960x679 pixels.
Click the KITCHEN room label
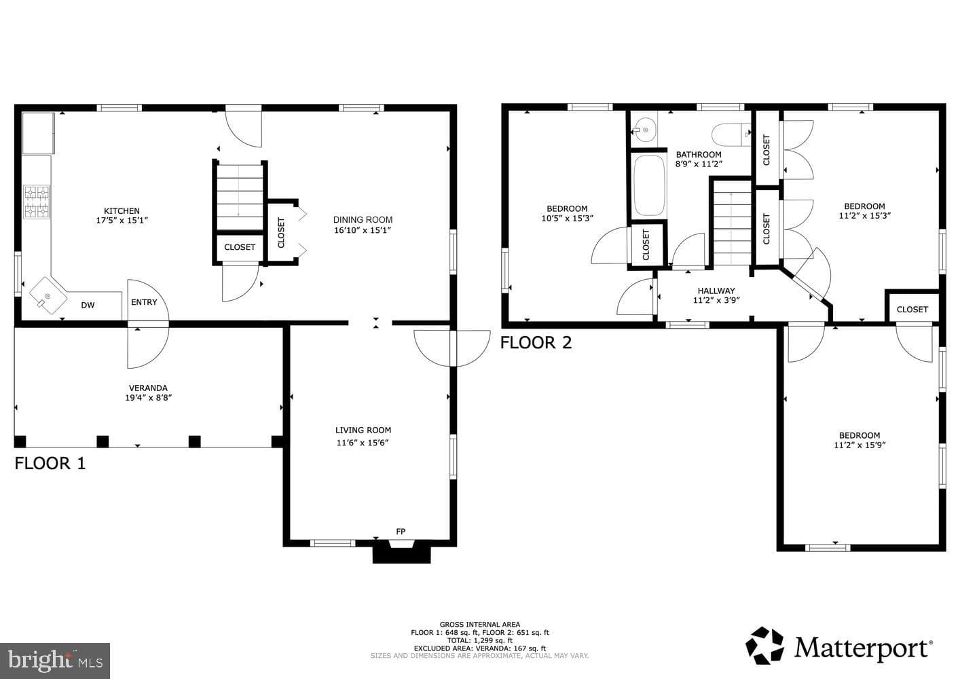tap(122, 211)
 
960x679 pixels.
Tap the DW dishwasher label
tap(88, 305)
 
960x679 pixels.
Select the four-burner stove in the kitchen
tap(37, 202)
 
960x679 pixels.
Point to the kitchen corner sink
tap(48, 295)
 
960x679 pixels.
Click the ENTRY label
tap(144, 302)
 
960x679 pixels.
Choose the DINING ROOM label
tap(363, 220)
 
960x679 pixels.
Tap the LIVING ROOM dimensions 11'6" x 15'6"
tap(363, 443)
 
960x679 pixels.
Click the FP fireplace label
tap(401, 532)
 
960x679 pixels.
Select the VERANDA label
tap(148, 388)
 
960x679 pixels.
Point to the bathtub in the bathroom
tap(649, 185)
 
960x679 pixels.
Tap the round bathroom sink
tap(644, 130)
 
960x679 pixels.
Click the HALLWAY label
tap(716, 291)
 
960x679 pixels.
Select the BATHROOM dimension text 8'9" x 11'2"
tap(699, 164)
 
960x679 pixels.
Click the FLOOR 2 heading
tap(536, 343)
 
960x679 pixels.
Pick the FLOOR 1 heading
tap(50, 463)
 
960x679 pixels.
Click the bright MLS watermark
tap(55, 661)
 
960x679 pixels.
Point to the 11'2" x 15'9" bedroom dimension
tap(860, 445)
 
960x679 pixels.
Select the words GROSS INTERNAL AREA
tap(479, 625)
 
